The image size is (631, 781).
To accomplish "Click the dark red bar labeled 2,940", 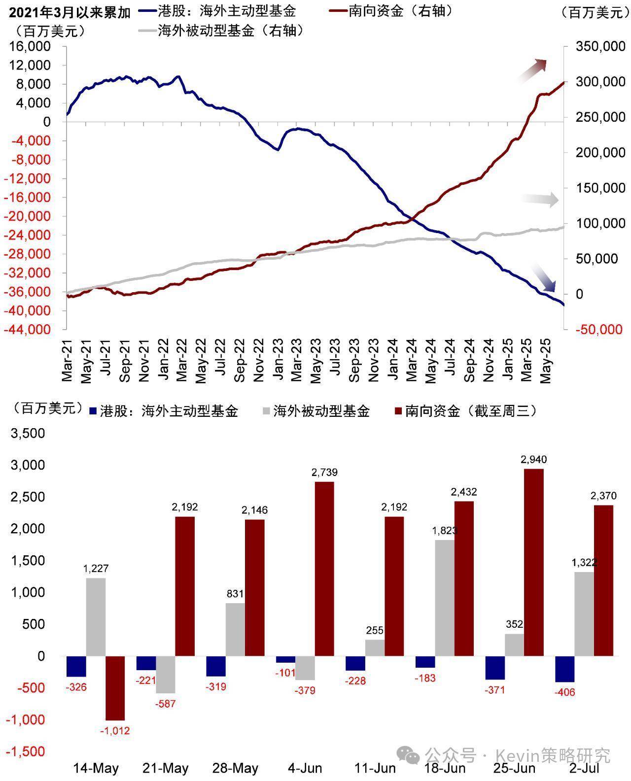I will [x=534, y=562].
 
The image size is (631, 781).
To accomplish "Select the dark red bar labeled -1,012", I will [x=115, y=688].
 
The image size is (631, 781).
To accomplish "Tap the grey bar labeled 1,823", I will [x=445, y=598].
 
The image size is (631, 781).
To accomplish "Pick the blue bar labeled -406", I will [x=565, y=669].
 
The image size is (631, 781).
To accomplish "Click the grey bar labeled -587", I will [x=166, y=675].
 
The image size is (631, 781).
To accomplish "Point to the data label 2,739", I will [x=324, y=473].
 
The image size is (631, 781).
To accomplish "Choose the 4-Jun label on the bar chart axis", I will [x=305, y=768].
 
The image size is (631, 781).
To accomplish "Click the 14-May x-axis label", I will [x=96, y=768].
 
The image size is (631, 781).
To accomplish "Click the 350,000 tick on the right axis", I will [x=600, y=47].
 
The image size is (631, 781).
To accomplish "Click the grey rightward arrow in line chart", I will [x=540, y=200].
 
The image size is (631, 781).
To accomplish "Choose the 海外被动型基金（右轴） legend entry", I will [x=221, y=31].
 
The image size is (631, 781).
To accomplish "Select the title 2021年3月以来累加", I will [x=69, y=12].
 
